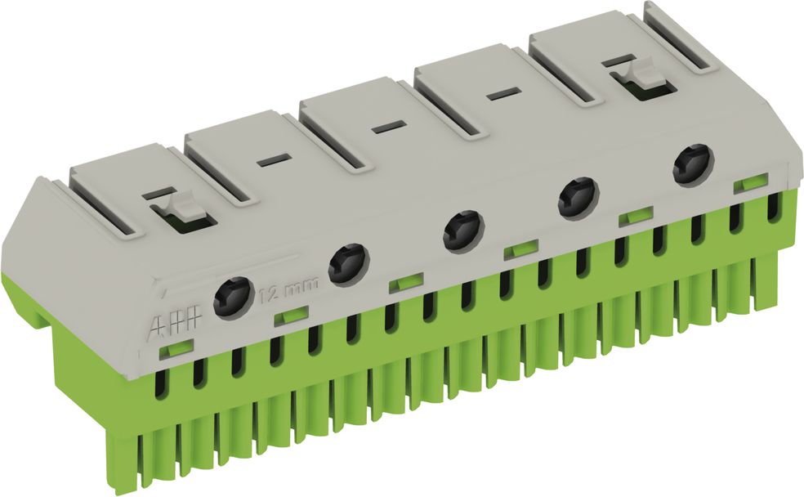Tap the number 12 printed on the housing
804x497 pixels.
[x=269, y=295]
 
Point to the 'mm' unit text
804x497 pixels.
[x=301, y=284]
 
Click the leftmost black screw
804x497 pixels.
[x=234, y=297]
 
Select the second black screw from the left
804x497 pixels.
[x=349, y=264]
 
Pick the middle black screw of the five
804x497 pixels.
[x=464, y=231]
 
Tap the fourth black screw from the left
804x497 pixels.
[x=579, y=198]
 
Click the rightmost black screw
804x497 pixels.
[x=694, y=164]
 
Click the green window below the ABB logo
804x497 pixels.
[x=176, y=348]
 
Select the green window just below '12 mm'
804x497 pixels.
[x=291, y=316]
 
